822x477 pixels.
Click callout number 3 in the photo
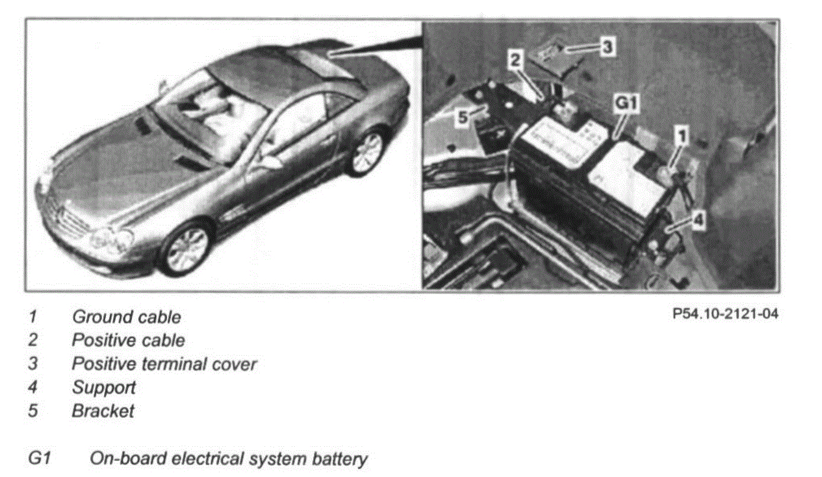coord(607,46)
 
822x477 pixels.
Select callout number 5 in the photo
coord(462,117)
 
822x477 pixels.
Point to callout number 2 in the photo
coord(515,59)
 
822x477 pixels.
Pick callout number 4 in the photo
coord(698,220)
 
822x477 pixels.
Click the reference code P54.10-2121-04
coord(725,314)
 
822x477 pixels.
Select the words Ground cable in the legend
coord(126,317)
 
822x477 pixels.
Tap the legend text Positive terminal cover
coord(164,363)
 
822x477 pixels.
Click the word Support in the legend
coord(104,388)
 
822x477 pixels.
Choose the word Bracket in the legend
coord(103,411)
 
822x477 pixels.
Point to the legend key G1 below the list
coord(38,459)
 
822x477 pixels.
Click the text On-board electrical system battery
coord(228,459)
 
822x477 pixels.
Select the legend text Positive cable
coord(128,340)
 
